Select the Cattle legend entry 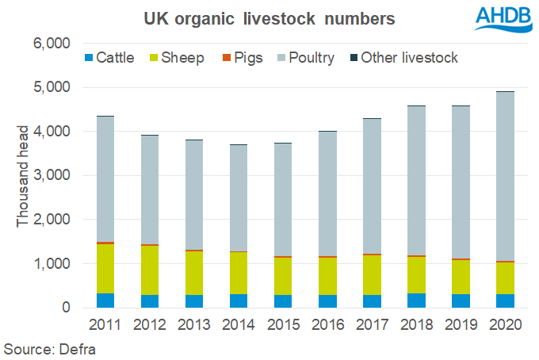coord(112,58)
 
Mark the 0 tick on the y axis coord(68,308)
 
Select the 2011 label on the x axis coord(105,326)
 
